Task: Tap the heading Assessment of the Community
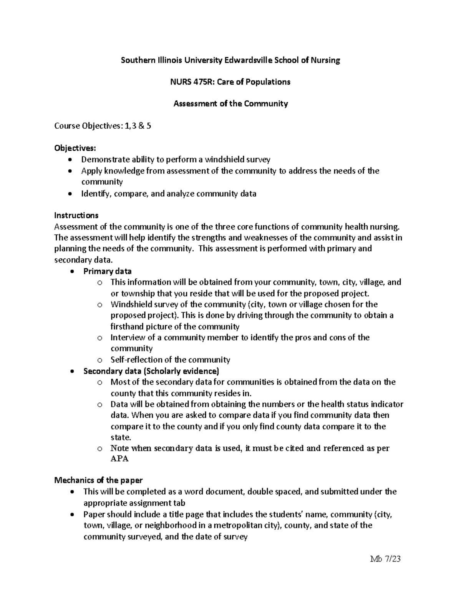pos(230,103)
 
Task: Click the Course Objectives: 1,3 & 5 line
pos(103,126)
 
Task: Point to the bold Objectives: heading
pos(75,148)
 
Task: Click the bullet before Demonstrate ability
pos(69,160)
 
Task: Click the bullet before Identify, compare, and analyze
pos(69,194)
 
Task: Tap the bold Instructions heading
pos(76,215)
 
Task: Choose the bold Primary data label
pos(107,271)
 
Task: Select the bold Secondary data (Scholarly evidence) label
pos(151,371)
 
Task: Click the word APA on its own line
pos(119,459)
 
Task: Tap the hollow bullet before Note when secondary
pos(100,449)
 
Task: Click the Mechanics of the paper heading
pos(98,480)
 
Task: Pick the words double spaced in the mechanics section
pos(275,492)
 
